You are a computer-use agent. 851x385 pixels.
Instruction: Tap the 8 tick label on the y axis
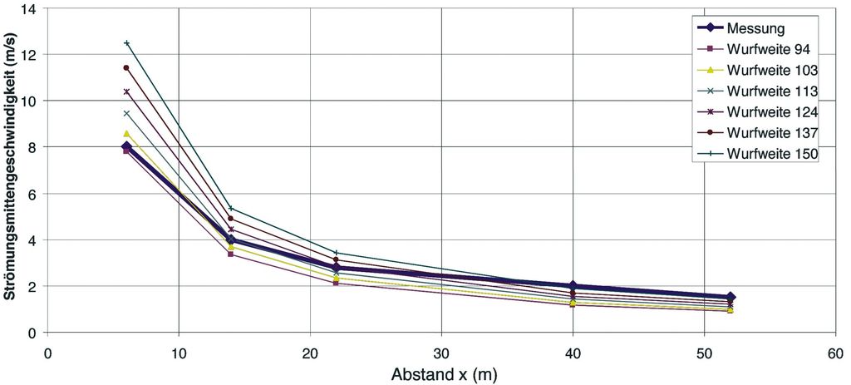(x=32, y=147)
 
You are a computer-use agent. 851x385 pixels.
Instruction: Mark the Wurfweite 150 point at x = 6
(x=126, y=42)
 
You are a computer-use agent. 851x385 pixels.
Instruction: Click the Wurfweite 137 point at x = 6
(x=126, y=67)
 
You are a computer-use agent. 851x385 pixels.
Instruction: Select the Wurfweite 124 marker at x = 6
(x=126, y=91)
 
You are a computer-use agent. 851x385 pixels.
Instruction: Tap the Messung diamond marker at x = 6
(x=126, y=147)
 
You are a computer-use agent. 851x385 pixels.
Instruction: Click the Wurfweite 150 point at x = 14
(x=231, y=208)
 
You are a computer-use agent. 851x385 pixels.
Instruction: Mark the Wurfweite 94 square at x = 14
(x=231, y=254)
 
